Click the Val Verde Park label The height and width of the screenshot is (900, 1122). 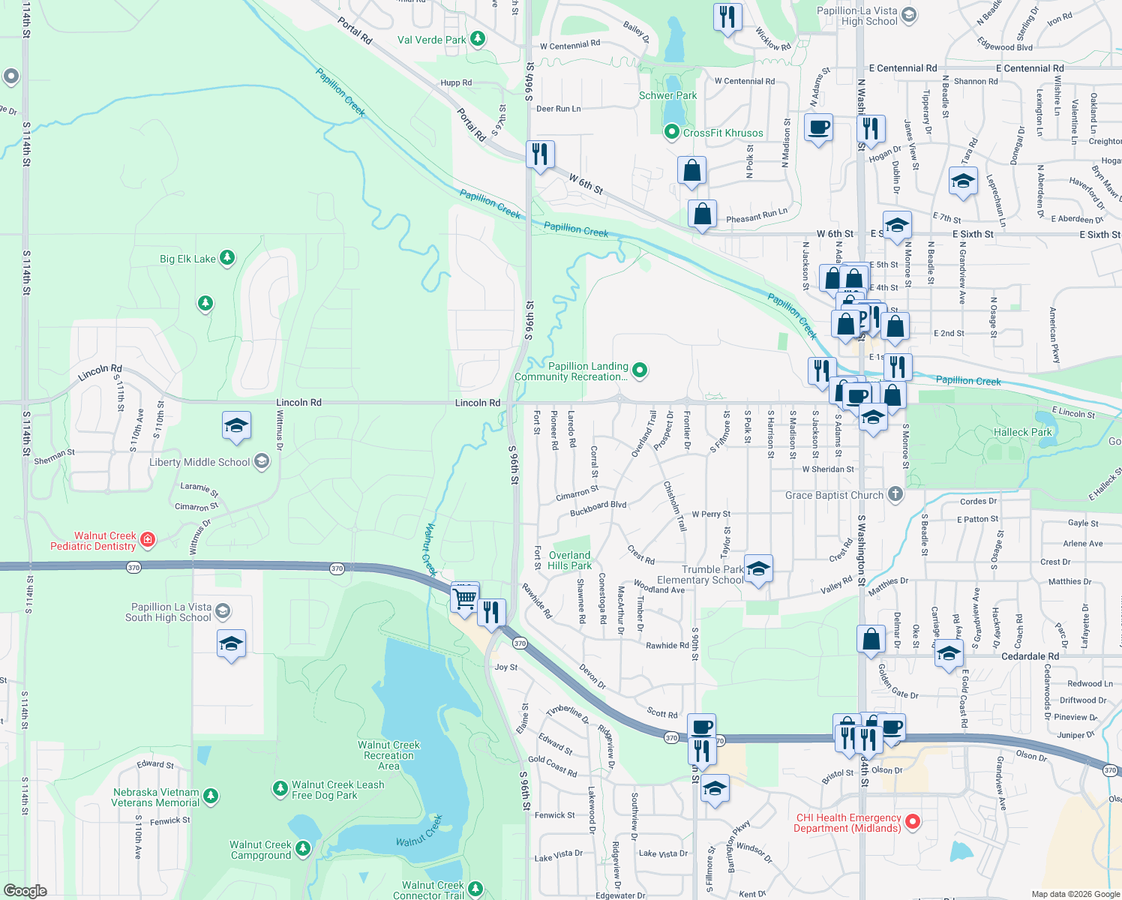(431, 40)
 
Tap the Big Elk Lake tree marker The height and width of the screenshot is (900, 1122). (226, 259)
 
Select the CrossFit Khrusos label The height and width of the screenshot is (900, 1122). (723, 133)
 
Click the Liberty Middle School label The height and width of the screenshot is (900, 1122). (199, 462)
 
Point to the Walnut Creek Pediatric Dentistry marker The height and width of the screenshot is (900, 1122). (148, 539)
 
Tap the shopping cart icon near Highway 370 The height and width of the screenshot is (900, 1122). (464, 598)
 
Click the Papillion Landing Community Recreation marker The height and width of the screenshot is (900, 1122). (640, 369)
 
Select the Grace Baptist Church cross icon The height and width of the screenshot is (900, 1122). (895, 494)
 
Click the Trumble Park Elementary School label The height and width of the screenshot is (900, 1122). (700, 574)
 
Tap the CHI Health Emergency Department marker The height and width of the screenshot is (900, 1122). (913, 822)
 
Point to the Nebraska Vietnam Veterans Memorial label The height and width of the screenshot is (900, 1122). (156, 797)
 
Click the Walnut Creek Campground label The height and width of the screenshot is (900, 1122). (260, 850)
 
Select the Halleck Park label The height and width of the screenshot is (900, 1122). (1022, 432)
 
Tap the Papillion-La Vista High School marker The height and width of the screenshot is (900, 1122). (909, 15)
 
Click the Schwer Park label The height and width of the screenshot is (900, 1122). (667, 95)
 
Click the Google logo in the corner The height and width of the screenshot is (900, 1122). (25, 891)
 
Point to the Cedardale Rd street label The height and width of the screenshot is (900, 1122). (1030, 656)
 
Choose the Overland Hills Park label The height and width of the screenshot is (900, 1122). (569, 560)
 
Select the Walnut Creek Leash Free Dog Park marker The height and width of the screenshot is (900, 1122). (280, 788)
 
